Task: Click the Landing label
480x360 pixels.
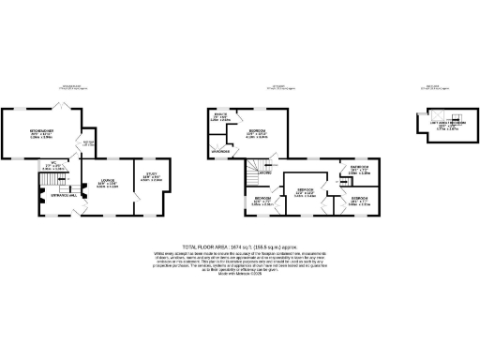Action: tap(265, 173)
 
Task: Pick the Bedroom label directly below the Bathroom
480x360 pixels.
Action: tap(360, 198)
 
